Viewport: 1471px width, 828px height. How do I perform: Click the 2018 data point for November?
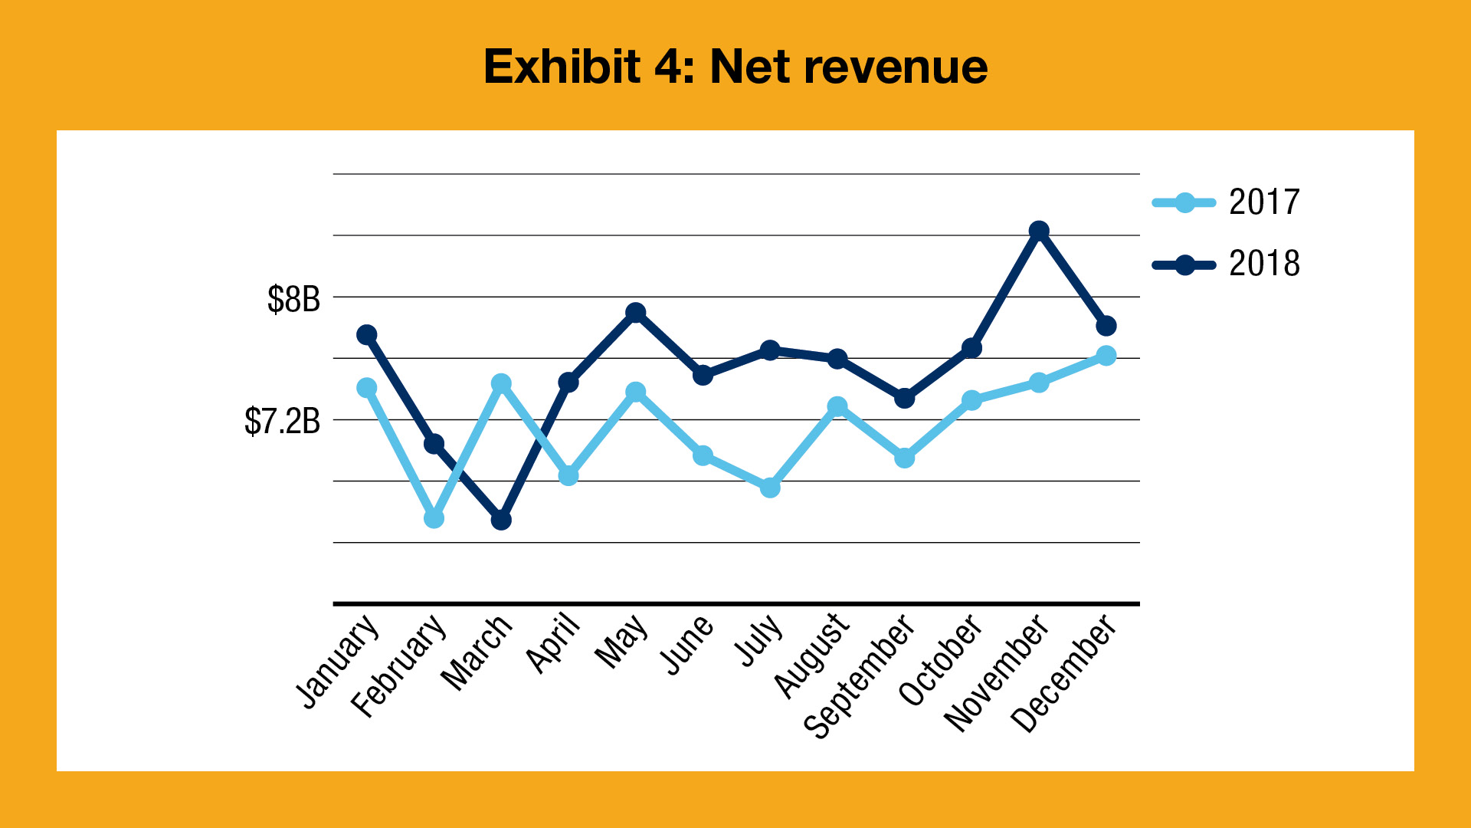tap(1039, 232)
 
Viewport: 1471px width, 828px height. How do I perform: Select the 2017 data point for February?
tap(434, 518)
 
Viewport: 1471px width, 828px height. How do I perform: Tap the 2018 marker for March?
tap(501, 520)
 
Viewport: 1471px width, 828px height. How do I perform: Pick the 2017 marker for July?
tap(770, 487)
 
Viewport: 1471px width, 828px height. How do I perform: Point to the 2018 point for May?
tap(635, 313)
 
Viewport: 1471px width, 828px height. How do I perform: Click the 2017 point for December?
tap(1106, 356)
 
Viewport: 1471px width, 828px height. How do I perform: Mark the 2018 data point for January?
tap(367, 335)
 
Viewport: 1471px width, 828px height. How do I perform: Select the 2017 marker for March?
tap(501, 384)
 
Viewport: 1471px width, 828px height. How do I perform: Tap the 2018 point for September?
tap(905, 399)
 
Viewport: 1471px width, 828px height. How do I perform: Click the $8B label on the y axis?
tap(293, 299)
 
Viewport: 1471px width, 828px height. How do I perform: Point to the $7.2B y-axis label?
tap(282, 421)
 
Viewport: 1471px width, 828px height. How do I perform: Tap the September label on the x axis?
tap(860, 676)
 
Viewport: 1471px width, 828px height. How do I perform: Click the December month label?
tap(1063, 674)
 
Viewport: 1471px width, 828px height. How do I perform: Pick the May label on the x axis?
tap(622, 642)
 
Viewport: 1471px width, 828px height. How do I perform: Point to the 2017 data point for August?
tap(837, 406)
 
